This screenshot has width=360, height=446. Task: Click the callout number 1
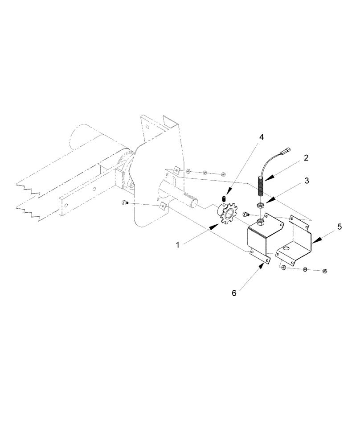click(178, 245)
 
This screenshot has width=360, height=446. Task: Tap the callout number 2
click(306, 157)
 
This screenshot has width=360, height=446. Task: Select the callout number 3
click(307, 181)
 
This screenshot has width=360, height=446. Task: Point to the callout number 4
click(261, 137)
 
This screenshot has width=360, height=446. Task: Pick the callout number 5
click(340, 227)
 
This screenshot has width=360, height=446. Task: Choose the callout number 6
click(234, 293)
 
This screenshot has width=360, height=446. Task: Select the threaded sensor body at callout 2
click(261, 186)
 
